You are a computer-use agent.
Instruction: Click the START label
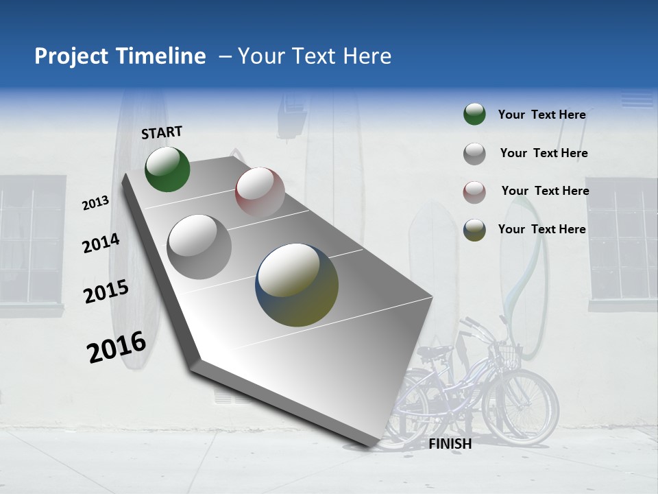[x=162, y=132]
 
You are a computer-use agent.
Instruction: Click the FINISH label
[x=450, y=444]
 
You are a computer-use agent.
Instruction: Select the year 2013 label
[x=96, y=202]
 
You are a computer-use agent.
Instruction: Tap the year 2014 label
[x=101, y=243]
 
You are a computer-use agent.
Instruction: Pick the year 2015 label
[x=106, y=292]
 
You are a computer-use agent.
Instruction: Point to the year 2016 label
[x=117, y=347]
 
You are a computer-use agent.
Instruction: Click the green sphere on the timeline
[x=167, y=169]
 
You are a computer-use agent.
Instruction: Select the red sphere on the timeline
[x=260, y=191]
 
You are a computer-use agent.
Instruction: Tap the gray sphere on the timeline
[x=199, y=247]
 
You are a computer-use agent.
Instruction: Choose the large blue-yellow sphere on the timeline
[x=297, y=285]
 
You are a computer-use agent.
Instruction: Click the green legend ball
[x=474, y=115]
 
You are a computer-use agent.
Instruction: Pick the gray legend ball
[x=474, y=153]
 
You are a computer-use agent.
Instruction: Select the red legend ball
[x=474, y=191]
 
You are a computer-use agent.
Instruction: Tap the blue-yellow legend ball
[x=474, y=230]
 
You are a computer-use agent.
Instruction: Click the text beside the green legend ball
[x=541, y=115]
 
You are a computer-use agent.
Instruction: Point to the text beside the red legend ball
[x=545, y=191]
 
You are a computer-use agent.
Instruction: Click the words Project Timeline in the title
[x=120, y=56]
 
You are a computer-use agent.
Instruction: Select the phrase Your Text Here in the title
[x=314, y=56]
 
